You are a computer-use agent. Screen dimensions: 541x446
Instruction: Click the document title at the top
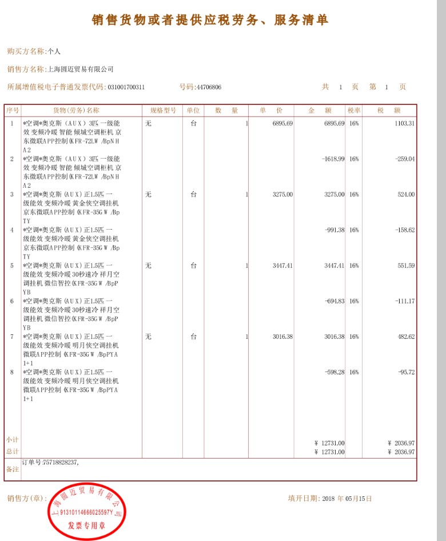click(x=210, y=20)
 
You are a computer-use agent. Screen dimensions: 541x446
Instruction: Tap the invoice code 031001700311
click(x=126, y=88)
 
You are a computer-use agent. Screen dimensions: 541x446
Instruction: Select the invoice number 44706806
click(x=208, y=88)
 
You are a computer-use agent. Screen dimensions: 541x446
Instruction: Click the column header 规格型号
click(x=162, y=110)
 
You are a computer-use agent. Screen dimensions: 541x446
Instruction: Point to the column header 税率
click(x=354, y=110)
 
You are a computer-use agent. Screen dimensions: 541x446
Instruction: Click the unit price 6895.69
click(x=282, y=124)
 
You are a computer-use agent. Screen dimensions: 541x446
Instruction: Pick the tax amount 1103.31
click(x=404, y=124)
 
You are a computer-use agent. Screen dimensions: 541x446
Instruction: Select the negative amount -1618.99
click(x=333, y=159)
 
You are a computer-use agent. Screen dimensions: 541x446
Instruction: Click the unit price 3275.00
click(x=282, y=195)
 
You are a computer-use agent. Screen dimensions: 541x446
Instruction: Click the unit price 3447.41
click(x=282, y=266)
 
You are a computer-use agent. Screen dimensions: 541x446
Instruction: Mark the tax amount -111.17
click(x=405, y=301)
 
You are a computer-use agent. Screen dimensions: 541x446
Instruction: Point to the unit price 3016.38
click(x=282, y=337)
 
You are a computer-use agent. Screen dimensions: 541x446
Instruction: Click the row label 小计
click(x=12, y=440)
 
